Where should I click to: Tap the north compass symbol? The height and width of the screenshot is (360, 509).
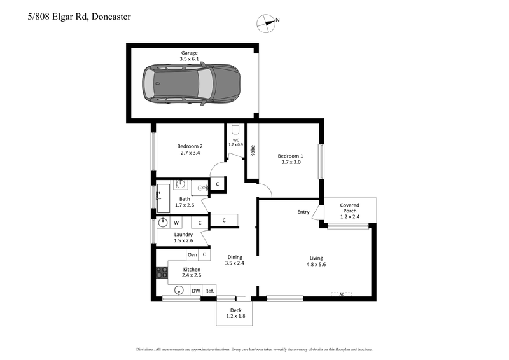pos(265,24)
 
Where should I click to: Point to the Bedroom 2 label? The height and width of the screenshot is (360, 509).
pos(190,149)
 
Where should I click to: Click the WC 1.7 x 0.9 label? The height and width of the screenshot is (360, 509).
pos(235,142)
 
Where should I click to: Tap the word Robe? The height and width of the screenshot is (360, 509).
pos(253,152)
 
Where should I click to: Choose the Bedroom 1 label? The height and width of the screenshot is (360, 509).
pos(289,159)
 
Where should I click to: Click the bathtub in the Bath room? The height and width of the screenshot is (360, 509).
pos(163,197)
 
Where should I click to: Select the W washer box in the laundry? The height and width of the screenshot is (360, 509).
pos(176,223)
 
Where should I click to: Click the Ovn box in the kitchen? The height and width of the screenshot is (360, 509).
pos(192,255)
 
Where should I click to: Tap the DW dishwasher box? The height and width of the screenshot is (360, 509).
pos(195,291)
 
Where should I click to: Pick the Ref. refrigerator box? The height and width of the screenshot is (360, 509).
pos(209,291)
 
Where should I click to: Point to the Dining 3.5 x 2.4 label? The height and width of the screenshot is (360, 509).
pos(234,260)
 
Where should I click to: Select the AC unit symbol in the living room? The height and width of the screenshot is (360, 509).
pos(342,293)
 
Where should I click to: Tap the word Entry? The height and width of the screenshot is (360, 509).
pos(303,212)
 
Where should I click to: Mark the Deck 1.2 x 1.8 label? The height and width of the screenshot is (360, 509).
pos(235,313)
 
